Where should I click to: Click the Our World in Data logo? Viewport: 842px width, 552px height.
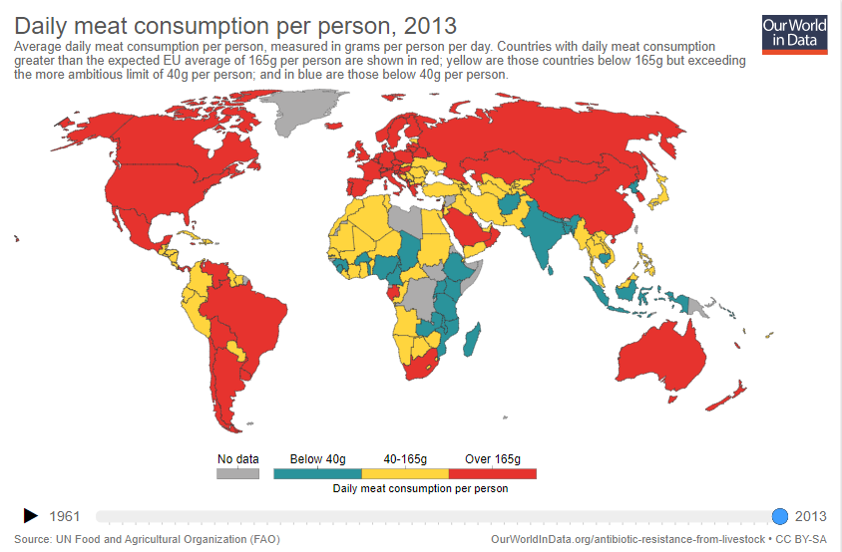794,33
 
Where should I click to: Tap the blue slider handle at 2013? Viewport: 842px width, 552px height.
780,515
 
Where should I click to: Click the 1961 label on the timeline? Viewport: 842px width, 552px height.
65,516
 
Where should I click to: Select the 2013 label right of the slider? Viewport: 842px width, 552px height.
810,516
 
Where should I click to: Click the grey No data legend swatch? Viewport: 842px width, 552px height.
237,473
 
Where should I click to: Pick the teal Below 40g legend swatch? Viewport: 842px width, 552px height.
317,473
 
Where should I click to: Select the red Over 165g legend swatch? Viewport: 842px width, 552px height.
493,473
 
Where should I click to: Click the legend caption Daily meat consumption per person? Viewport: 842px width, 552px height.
420,488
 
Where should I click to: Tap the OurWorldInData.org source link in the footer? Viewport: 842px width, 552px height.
629,539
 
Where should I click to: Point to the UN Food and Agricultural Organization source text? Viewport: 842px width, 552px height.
162,539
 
